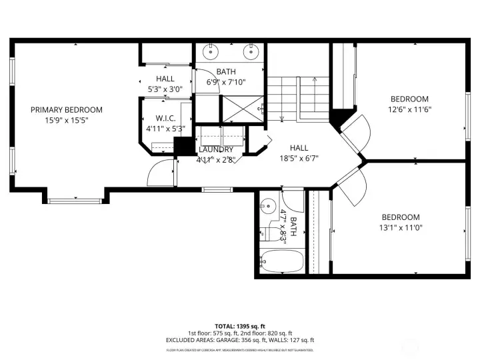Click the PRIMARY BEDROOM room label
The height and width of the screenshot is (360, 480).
point(67,110)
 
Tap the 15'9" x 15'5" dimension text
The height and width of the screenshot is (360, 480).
point(67,121)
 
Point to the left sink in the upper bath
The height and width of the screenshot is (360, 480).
point(211,50)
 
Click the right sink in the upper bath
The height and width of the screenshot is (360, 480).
point(251,50)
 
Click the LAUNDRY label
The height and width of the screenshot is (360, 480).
point(215,149)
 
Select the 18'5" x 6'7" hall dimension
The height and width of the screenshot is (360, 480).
point(298,159)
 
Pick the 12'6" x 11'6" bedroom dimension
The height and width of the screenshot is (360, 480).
point(409,110)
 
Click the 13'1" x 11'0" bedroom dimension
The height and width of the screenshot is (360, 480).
point(401,227)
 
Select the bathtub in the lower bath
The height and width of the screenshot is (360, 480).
point(281,263)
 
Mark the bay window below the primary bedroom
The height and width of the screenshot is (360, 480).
point(73,198)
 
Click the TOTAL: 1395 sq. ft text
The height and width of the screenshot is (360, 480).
point(239,325)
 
